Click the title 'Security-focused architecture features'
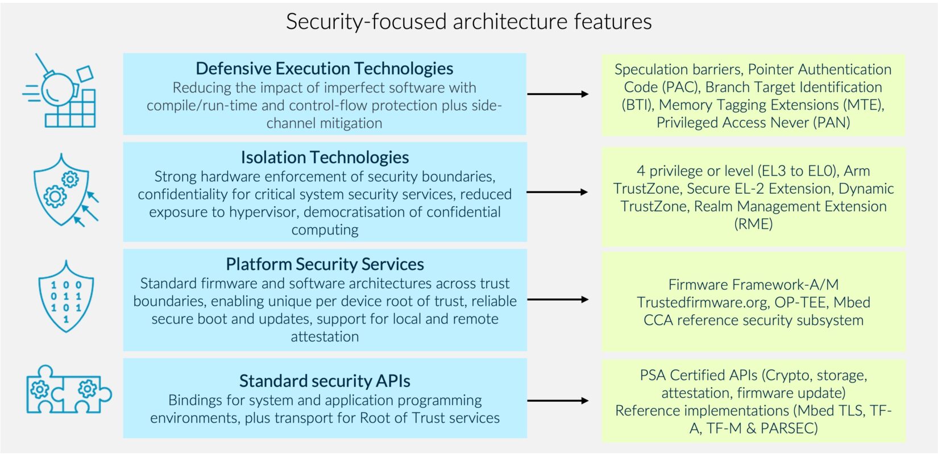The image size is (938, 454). [468, 22]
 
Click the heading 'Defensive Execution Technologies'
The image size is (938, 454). [324, 69]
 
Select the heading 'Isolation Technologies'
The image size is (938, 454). [324, 157]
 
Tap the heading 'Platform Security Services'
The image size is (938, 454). [324, 264]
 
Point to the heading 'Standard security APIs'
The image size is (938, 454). [324, 381]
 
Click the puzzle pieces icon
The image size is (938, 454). [68, 389]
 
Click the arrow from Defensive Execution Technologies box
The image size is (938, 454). [558, 94]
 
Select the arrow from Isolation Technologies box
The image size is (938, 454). [558, 192]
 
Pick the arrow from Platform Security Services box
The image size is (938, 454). [558, 299]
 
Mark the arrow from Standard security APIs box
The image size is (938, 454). [558, 401]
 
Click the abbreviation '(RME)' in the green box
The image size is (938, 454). [753, 224]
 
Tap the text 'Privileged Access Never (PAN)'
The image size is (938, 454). [753, 123]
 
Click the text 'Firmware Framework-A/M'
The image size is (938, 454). [753, 285]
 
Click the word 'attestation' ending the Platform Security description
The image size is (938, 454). [325, 336]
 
